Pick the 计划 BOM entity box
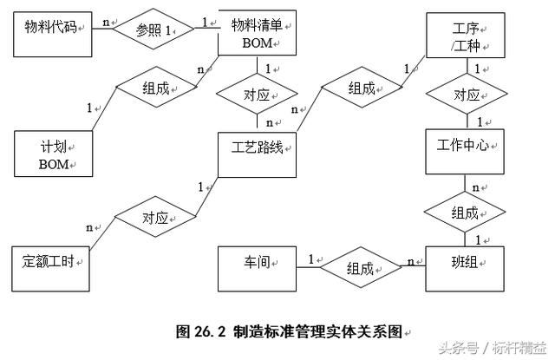click(x=53, y=154)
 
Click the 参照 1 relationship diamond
click(x=154, y=30)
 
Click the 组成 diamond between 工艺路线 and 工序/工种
click(x=361, y=88)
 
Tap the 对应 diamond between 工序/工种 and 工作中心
click(x=466, y=95)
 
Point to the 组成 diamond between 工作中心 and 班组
click(x=466, y=212)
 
